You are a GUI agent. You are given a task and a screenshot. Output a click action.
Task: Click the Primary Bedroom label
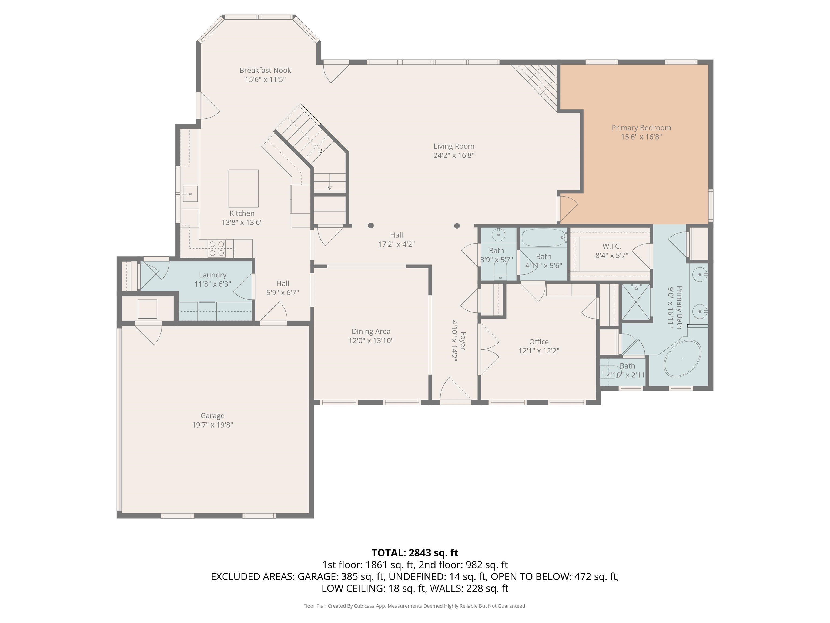[x=641, y=128]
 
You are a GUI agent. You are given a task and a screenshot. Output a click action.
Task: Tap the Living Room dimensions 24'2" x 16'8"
[x=454, y=155]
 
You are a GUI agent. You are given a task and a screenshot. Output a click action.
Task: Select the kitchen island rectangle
[x=243, y=188]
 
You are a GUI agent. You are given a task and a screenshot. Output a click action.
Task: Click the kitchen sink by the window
[x=190, y=194]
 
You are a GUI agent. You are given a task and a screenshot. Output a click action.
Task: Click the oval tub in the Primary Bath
[x=682, y=359]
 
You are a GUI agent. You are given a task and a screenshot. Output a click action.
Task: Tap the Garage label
[x=212, y=416]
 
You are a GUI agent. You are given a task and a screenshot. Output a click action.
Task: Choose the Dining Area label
[x=371, y=332]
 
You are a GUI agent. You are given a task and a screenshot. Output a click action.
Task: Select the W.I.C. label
[x=612, y=246]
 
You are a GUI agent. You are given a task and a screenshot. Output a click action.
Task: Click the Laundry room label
[x=213, y=275]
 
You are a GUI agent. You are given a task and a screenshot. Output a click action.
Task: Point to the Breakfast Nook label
[x=265, y=70]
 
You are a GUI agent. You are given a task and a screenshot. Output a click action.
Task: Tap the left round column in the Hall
[x=371, y=226]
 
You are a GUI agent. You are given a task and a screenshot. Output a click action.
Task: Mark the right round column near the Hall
[x=457, y=226]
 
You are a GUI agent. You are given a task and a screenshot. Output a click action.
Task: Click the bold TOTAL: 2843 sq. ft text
[x=415, y=553]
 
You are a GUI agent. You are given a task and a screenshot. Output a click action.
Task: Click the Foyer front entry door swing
[x=456, y=390]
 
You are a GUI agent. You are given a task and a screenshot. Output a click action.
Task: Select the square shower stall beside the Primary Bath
[x=636, y=302]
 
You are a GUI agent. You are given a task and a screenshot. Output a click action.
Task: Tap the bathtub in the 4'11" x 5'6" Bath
[x=543, y=238]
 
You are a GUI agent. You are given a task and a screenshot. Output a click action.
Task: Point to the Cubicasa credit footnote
[x=415, y=606]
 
